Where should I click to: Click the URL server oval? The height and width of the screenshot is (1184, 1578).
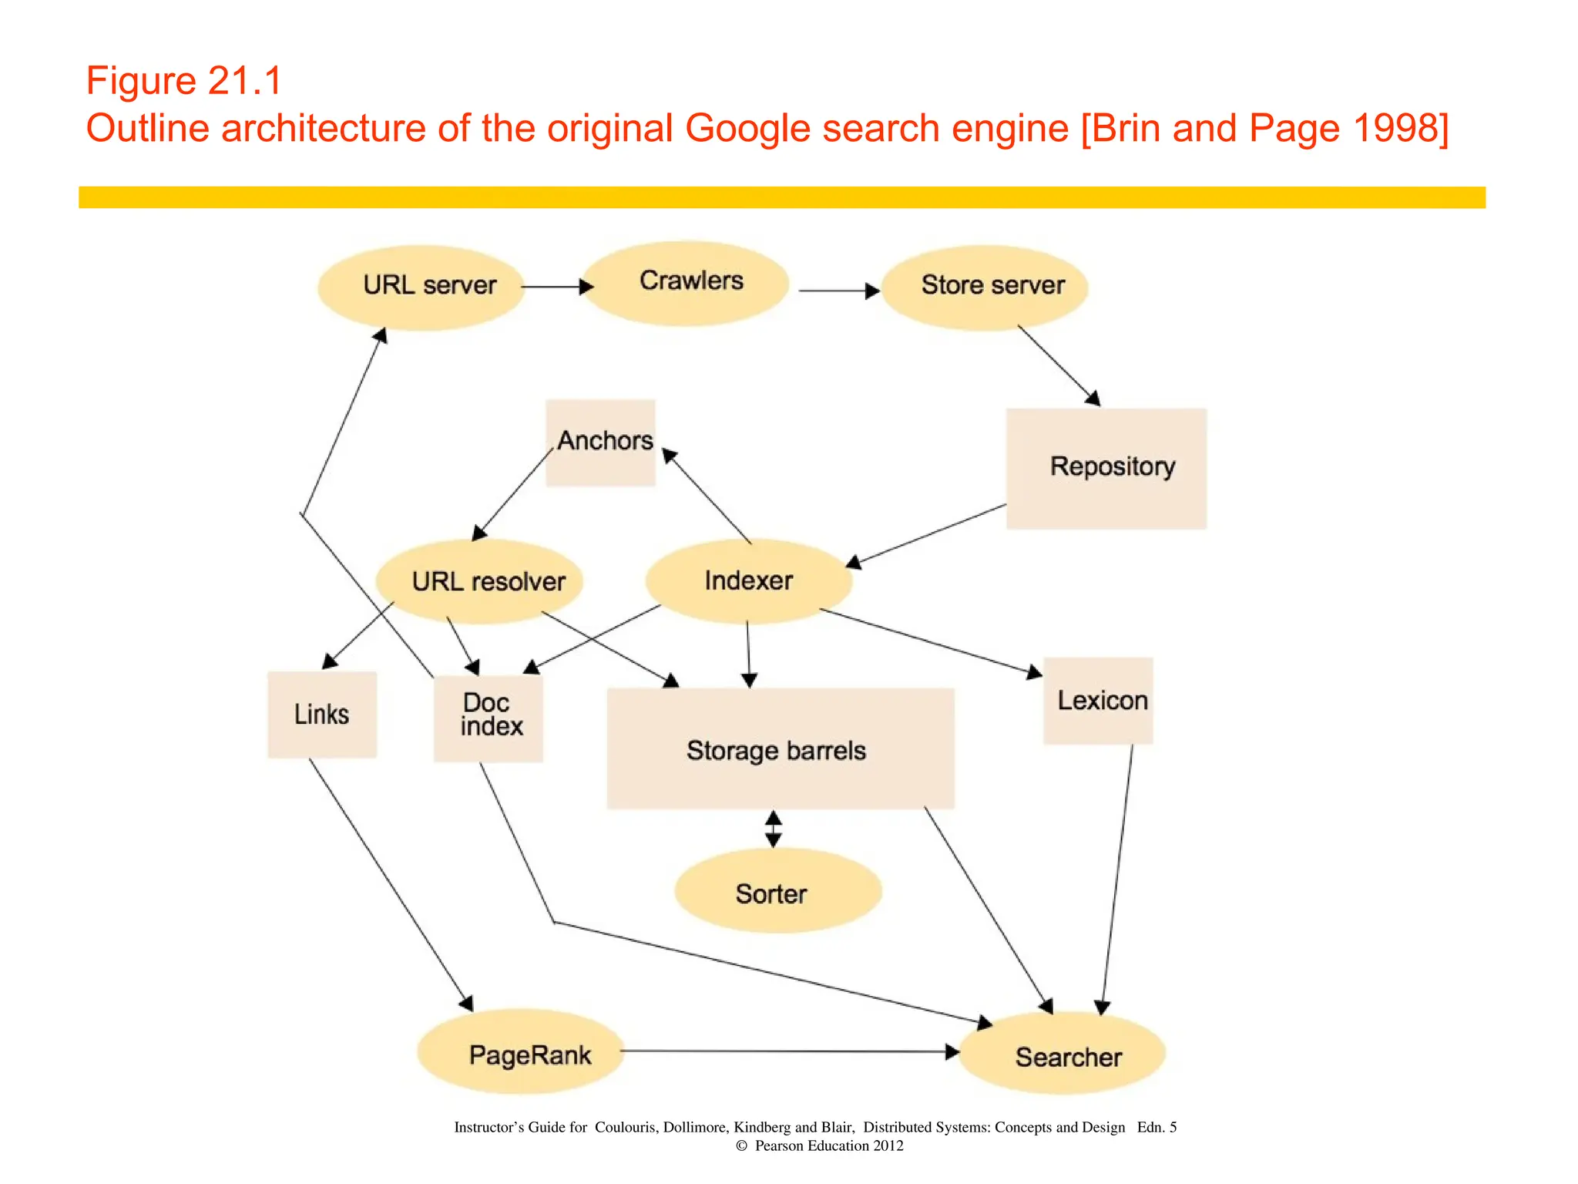tap(421, 288)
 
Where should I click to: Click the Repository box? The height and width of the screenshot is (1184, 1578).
tap(1106, 468)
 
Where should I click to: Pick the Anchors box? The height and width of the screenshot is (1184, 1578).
tap(600, 442)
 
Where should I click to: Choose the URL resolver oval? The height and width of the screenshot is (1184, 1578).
tap(479, 581)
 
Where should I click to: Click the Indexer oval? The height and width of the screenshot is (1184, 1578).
tap(749, 581)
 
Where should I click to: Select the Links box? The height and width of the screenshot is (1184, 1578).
tap(322, 715)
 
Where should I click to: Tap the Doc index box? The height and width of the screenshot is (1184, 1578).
tap(489, 718)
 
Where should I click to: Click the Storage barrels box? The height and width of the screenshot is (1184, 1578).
tap(780, 748)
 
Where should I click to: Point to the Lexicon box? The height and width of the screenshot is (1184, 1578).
tap(1098, 701)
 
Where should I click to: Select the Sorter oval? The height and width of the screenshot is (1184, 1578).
tap(777, 892)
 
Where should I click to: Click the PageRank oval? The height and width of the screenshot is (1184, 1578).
tap(521, 1052)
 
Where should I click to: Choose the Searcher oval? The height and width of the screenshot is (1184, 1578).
tap(1062, 1054)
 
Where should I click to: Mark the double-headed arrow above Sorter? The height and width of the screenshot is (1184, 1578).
tap(774, 829)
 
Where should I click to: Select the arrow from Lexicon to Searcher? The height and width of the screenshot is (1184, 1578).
tap(1117, 879)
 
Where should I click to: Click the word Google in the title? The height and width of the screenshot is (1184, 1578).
tap(747, 129)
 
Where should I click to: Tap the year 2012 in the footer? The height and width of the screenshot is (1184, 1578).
tap(888, 1145)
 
